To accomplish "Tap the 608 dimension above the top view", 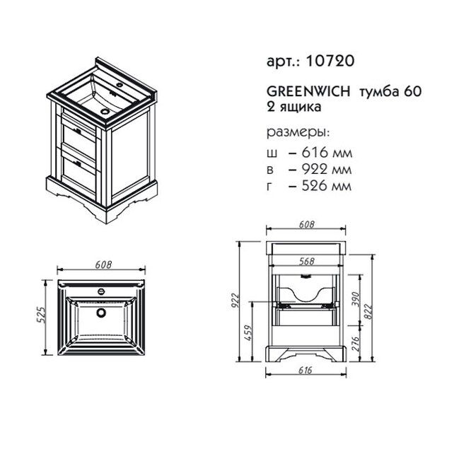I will pyautogui.click(x=104, y=264).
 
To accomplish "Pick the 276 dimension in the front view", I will pyautogui.click(x=355, y=344).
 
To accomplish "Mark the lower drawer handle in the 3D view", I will pyautogui.click(x=78, y=163).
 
